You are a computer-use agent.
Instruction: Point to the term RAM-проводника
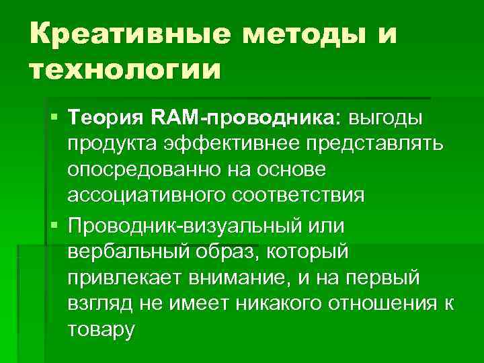248,119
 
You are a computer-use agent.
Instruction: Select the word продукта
112,145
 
